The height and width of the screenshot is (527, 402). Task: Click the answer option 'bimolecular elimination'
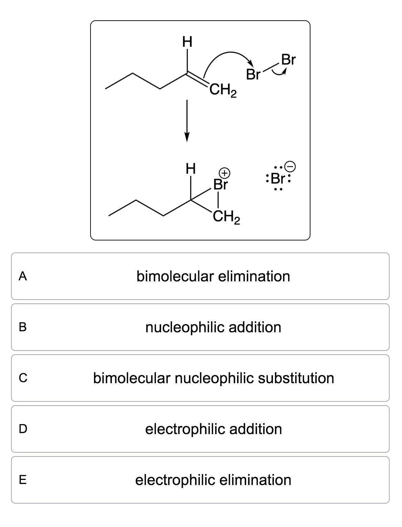(x=213, y=276)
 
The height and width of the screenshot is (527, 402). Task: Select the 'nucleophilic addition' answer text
(x=213, y=327)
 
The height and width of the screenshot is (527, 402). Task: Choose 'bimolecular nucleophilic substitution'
(x=213, y=378)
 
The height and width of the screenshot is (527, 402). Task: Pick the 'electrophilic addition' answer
(x=213, y=429)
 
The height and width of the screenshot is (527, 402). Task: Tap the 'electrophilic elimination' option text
(x=213, y=480)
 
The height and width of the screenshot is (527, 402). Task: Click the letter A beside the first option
(x=23, y=276)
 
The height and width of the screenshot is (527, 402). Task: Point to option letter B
(x=23, y=327)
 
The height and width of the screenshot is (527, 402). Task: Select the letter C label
(x=23, y=378)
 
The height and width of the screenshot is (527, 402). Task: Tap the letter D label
(x=23, y=429)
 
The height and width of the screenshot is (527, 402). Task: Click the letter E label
(x=23, y=480)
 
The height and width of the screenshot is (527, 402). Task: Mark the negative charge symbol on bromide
(x=291, y=166)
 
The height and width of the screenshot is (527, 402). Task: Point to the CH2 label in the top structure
(x=223, y=92)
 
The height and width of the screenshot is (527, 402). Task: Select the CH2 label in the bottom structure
(x=226, y=217)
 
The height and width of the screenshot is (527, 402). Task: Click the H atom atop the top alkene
(x=187, y=43)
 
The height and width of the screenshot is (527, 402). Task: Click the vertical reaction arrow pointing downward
(x=187, y=120)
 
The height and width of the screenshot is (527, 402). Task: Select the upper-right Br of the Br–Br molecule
(x=288, y=60)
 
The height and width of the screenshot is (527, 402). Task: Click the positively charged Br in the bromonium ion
(x=220, y=185)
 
